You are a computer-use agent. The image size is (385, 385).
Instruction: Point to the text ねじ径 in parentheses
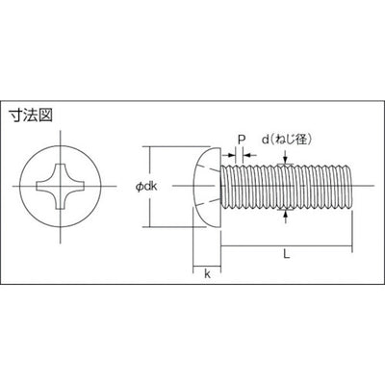pos(293,138)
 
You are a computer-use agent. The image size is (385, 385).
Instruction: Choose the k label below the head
pos(208,273)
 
